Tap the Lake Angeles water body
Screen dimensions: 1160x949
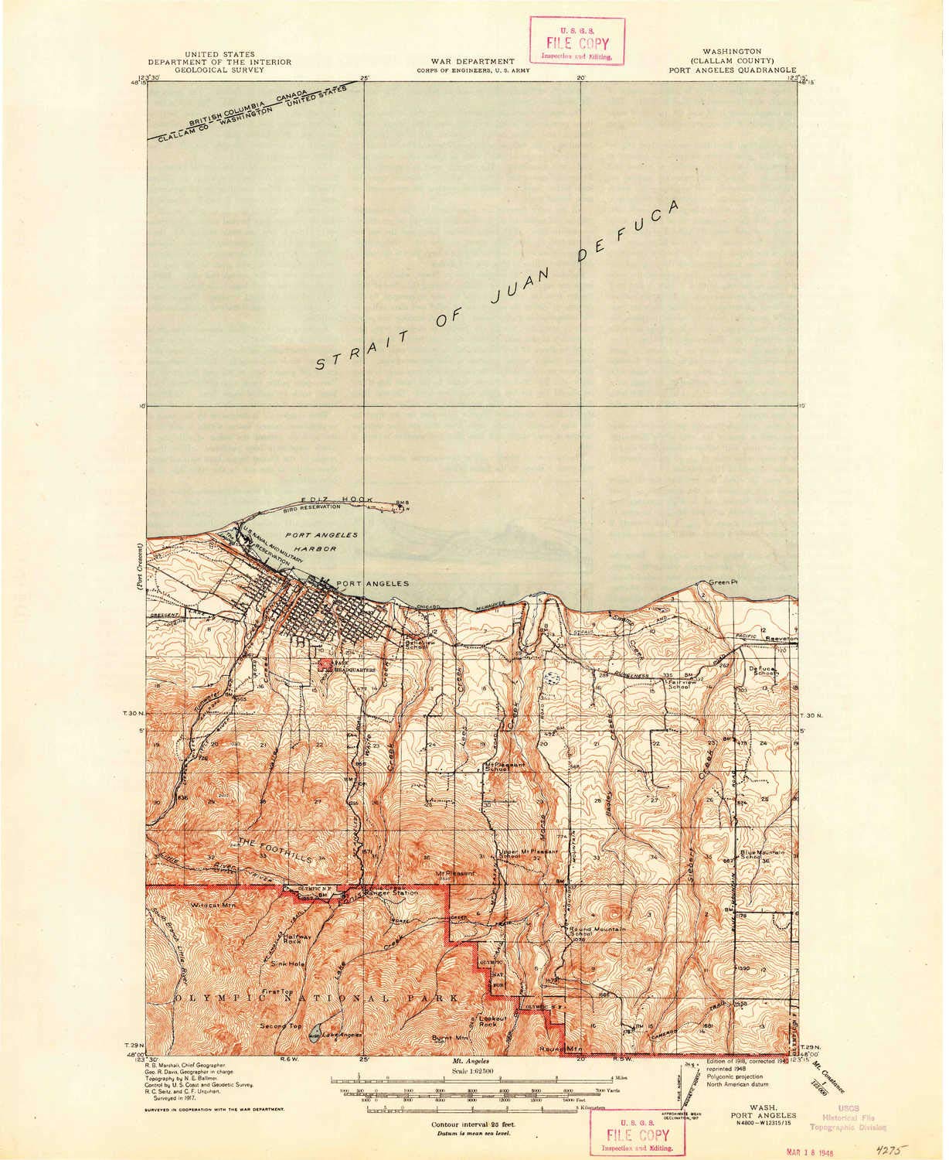313,1035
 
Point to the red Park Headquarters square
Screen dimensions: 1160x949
324,664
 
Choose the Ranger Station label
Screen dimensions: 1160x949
394,893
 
